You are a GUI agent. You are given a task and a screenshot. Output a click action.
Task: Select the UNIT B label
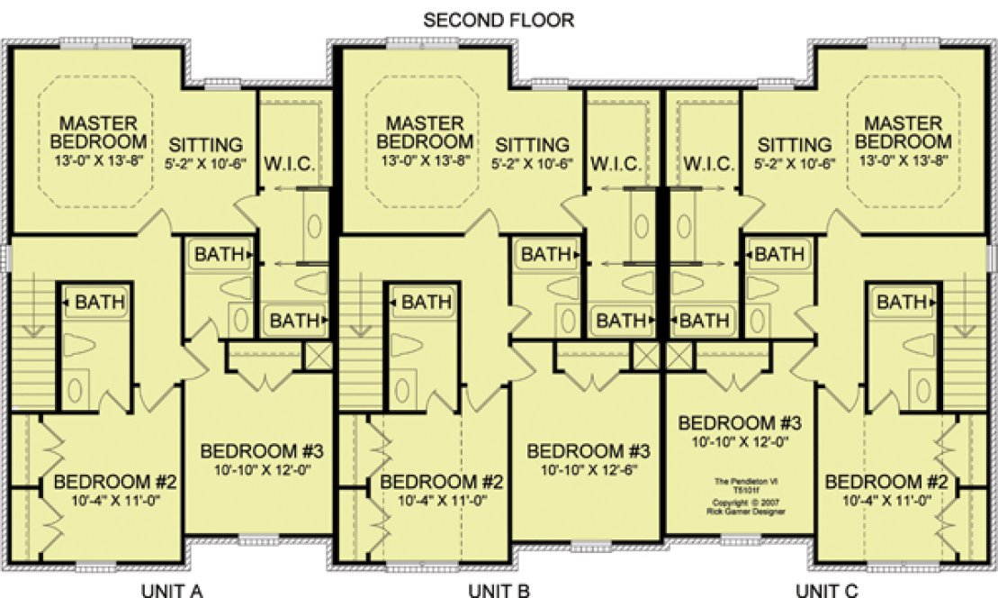click(499, 590)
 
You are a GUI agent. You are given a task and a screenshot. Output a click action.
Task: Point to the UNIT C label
click(827, 590)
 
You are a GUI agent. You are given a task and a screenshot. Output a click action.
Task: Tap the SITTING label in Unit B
click(533, 145)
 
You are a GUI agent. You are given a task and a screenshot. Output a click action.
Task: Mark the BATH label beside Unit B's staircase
click(420, 303)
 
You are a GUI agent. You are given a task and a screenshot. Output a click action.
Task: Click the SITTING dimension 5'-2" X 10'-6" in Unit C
click(794, 164)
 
